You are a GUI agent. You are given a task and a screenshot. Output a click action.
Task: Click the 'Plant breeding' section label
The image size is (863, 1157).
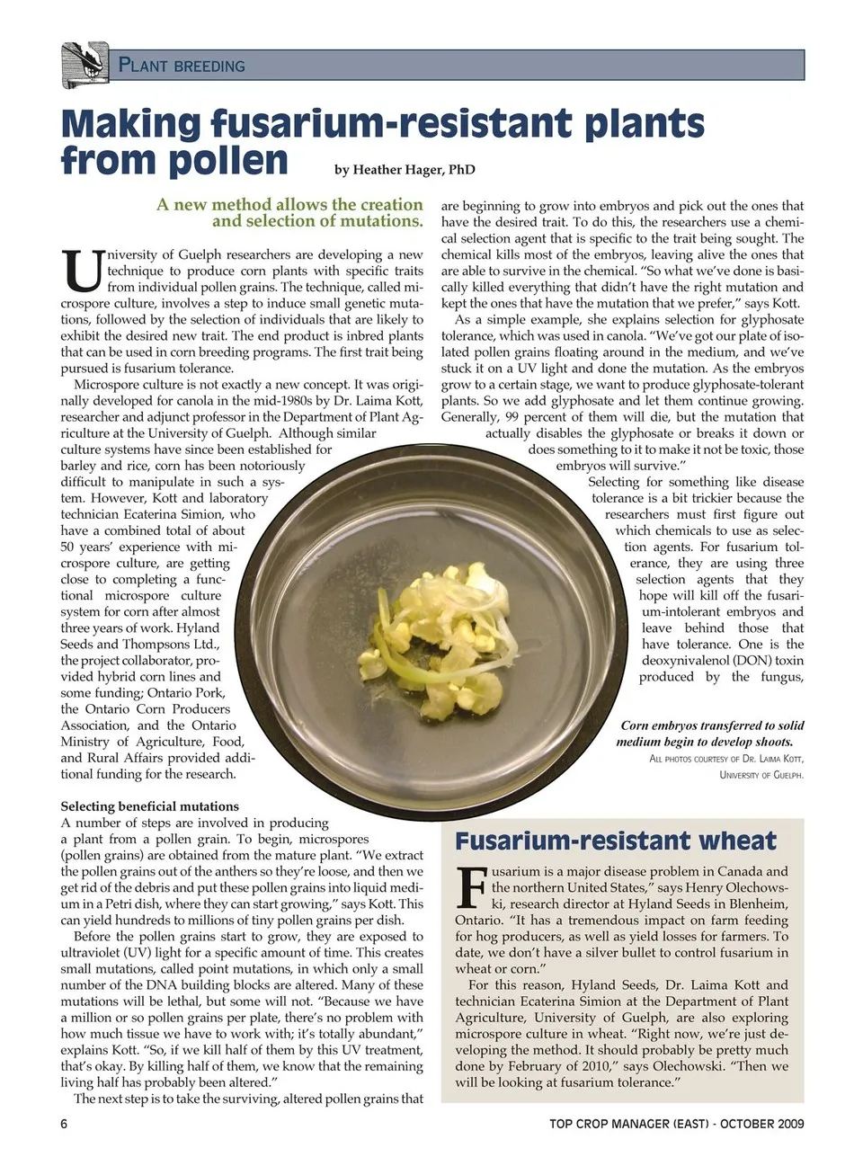[182, 66]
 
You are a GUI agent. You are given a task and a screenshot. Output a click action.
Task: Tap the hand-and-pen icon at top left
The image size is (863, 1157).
[85, 65]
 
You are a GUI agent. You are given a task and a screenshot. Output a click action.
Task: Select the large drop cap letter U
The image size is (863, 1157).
[82, 271]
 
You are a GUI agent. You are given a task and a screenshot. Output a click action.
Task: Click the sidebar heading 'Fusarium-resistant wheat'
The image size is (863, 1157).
[616, 841]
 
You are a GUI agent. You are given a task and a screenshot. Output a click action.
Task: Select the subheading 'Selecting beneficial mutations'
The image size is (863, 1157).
[149, 806]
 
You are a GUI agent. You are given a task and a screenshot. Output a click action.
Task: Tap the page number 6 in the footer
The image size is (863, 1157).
[65, 1123]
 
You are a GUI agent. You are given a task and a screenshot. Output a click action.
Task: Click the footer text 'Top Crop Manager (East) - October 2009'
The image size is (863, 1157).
[677, 1123]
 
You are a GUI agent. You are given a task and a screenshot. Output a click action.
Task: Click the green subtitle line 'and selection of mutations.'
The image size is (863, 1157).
[317, 221]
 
